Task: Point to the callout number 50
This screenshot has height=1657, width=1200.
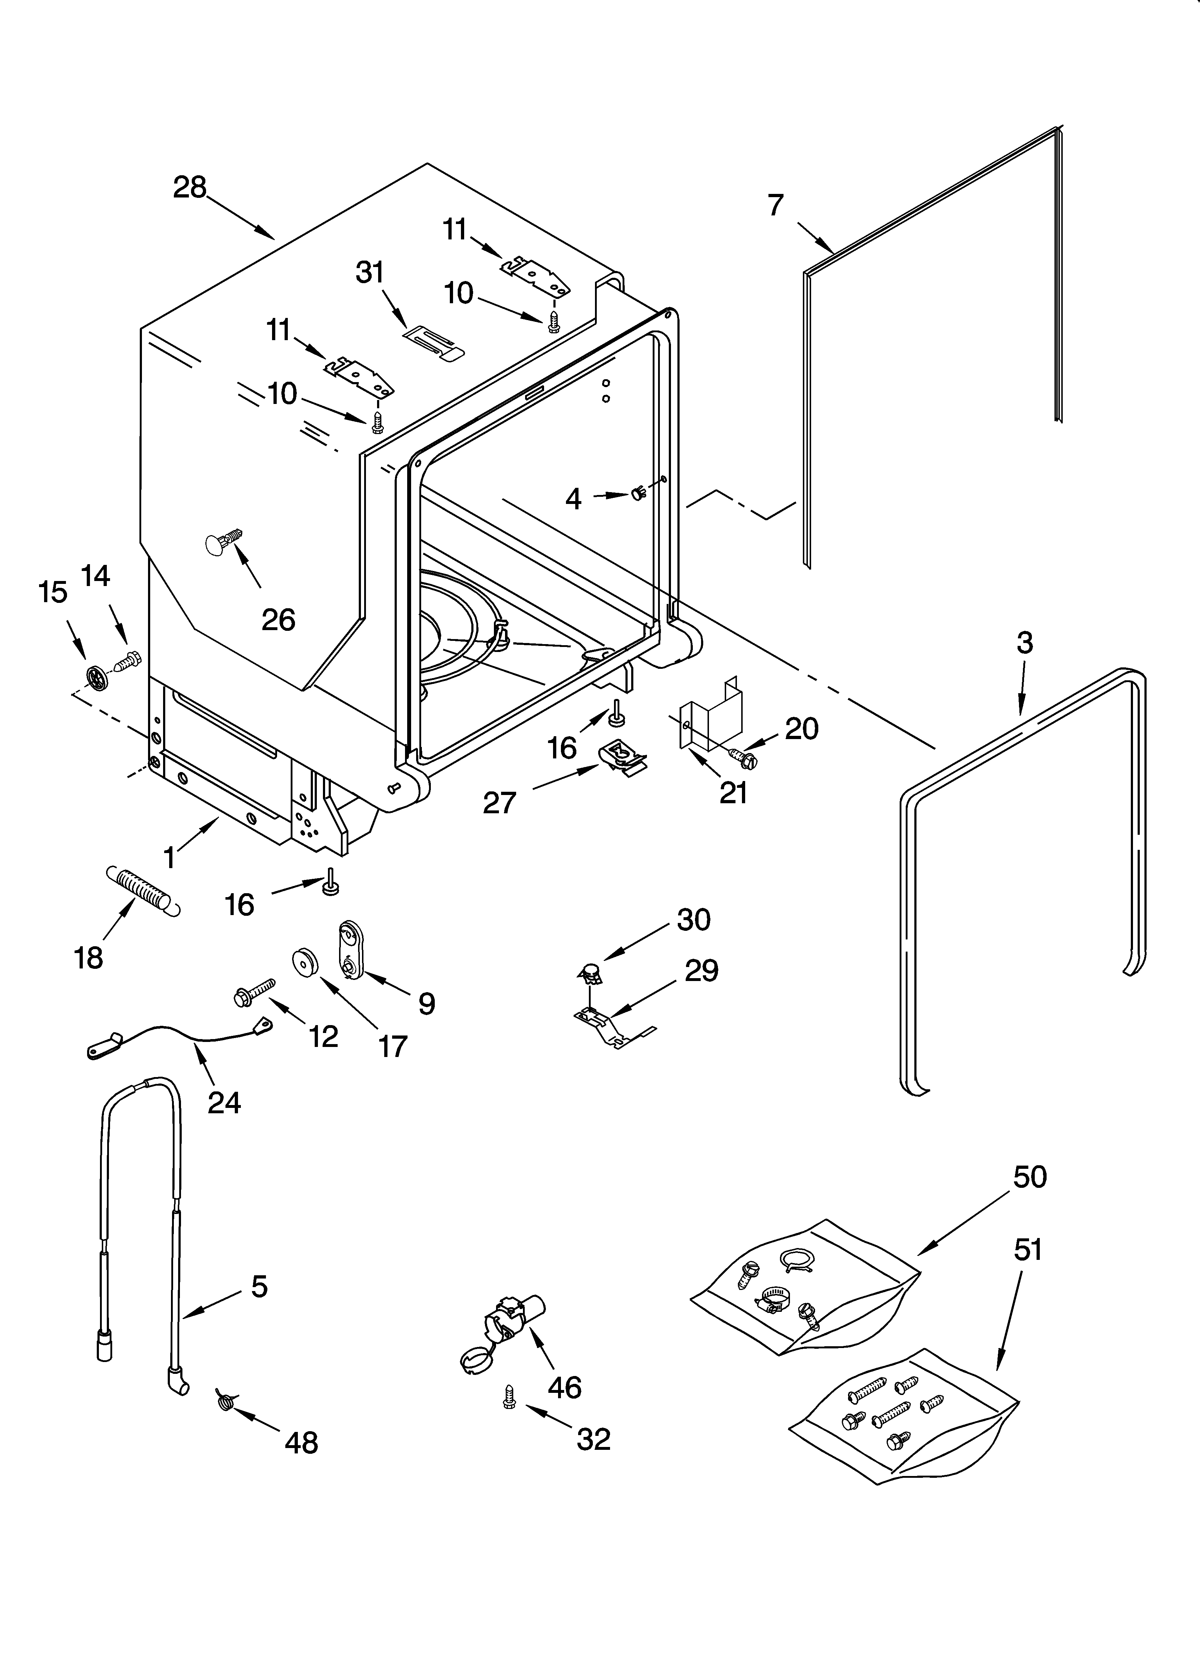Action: point(1030,1176)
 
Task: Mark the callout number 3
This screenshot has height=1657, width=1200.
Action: point(1025,643)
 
